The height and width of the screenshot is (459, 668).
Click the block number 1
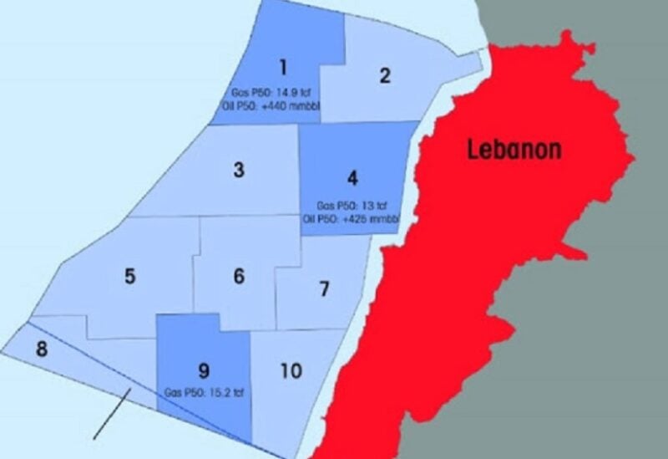coord(284,67)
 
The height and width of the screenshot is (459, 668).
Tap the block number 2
coord(385,76)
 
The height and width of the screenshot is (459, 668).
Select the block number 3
coord(239,171)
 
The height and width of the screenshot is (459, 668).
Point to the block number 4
coord(352,178)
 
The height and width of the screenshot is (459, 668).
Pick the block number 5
coord(129,276)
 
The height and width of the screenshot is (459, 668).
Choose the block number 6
coord(239,276)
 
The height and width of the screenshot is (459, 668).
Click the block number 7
coord(324,289)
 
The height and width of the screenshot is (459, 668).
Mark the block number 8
coord(42,348)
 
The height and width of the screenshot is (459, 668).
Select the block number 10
coord(291,370)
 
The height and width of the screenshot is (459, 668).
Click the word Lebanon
coord(514,150)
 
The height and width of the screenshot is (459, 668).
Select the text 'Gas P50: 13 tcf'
coord(352,206)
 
